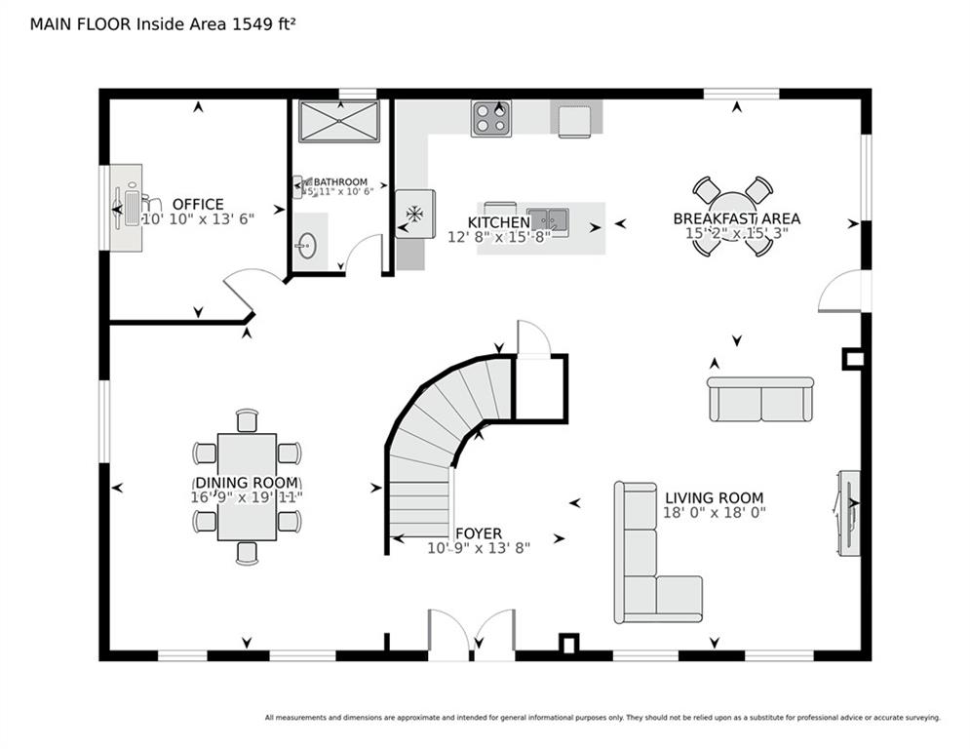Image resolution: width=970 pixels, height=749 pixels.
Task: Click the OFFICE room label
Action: [x=198, y=204]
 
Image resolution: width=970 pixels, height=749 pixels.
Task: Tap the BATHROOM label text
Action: [x=339, y=182]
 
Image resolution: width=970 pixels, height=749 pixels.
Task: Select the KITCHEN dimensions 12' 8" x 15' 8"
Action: [x=499, y=236]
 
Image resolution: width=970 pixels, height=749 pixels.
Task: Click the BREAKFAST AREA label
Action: [x=736, y=218]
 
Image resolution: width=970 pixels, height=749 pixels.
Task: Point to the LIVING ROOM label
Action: [x=715, y=497]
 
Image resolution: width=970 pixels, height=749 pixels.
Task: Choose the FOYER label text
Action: [x=479, y=533]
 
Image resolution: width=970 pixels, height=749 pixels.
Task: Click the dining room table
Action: [x=247, y=486]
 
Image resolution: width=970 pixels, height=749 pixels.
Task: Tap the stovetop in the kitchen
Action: [x=490, y=119]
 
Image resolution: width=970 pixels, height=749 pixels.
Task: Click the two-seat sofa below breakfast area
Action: [x=760, y=399]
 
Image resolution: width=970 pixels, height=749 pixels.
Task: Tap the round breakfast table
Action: [x=732, y=217]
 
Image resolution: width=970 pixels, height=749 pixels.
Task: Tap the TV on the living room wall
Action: [x=846, y=513]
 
